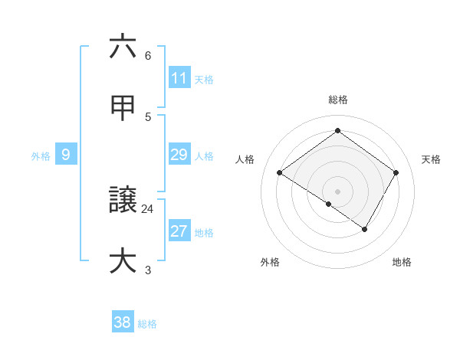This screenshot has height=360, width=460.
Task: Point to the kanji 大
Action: (123, 261)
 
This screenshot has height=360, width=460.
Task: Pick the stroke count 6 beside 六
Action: (148, 55)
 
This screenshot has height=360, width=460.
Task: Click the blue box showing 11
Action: (179, 78)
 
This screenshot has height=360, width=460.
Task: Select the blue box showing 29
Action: (179, 155)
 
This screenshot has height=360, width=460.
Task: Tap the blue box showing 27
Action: (179, 231)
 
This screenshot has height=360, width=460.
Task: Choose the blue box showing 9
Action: (66, 155)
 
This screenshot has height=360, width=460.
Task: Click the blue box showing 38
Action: (123, 322)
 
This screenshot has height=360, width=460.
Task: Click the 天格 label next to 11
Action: (204, 79)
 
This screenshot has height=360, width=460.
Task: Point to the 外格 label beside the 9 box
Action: (41, 155)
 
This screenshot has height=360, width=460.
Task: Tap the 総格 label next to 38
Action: (147, 323)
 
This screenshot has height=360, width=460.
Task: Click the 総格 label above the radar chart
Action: (337, 100)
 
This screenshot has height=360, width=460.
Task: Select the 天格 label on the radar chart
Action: (431, 159)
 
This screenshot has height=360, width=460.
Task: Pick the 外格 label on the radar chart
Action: (270, 262)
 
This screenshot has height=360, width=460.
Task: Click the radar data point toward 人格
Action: (280, 173)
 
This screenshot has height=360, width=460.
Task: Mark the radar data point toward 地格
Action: (365, 229)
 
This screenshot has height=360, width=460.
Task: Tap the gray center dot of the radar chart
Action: (337, 191)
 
